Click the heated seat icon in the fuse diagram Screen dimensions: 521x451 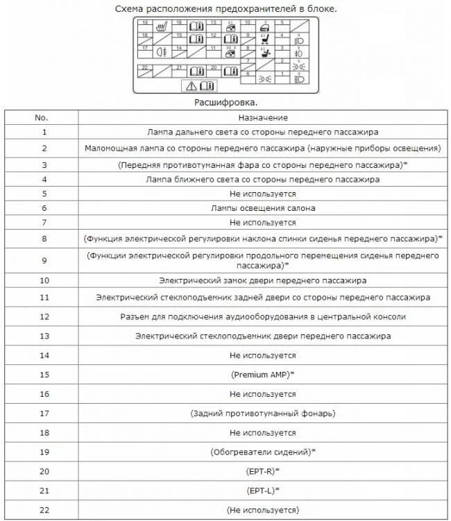click(162, 28)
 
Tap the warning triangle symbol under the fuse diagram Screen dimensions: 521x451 click(190, 86)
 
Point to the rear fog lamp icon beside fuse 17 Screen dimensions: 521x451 click(162, 51)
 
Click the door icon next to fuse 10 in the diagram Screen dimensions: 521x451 click(264, 28)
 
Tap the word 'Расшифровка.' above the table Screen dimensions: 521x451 click(225, 102)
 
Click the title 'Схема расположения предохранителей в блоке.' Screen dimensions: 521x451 click(225, 8)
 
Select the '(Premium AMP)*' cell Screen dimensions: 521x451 click(262, 375)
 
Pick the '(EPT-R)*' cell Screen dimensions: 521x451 click(262, 471)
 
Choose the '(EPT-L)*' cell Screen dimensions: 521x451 click(262, 490)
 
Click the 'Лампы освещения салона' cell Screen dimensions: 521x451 click(262, 208)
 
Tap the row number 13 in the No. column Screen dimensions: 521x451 click(44, 336)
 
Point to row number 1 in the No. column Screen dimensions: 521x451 click(44, 131)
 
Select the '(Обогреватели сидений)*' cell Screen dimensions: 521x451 click(262, 452)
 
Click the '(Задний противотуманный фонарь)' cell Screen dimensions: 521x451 click(262, 413)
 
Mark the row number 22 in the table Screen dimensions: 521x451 click(44, 510)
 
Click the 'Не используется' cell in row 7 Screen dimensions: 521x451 click(262, 223)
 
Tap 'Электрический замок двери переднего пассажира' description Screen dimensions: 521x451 click(262, 280)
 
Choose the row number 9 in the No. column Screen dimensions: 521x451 click(44, 260)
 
